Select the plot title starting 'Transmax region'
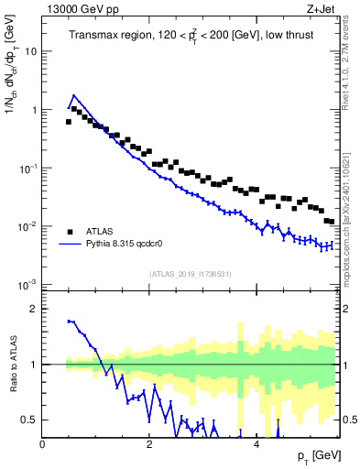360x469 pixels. coord(191,36)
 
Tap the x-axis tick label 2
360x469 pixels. coord(149,443)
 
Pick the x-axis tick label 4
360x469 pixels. coord(256,443)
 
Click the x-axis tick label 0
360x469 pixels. coord(43,443)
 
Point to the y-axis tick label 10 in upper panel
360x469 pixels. coord(29,51)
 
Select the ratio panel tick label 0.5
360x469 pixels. coord(29,420)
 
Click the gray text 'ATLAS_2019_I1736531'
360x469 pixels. coord(191,274)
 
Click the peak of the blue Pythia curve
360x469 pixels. coord(74,94)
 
